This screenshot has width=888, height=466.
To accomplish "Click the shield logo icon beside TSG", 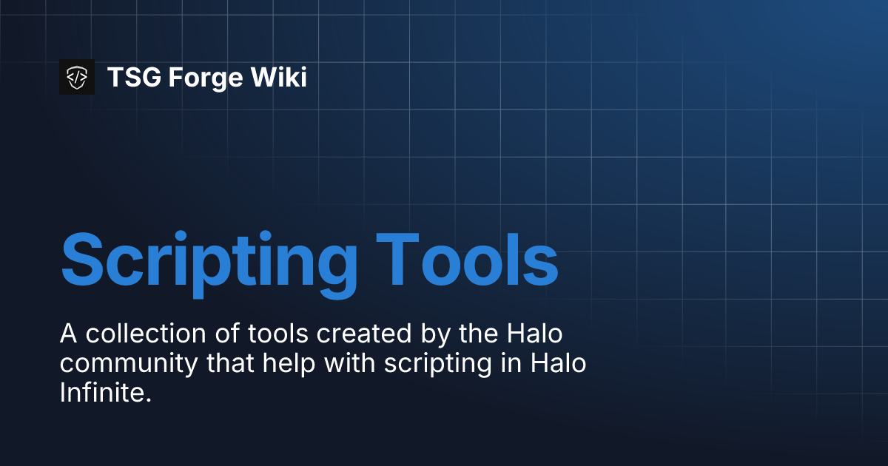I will click(77, 77).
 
